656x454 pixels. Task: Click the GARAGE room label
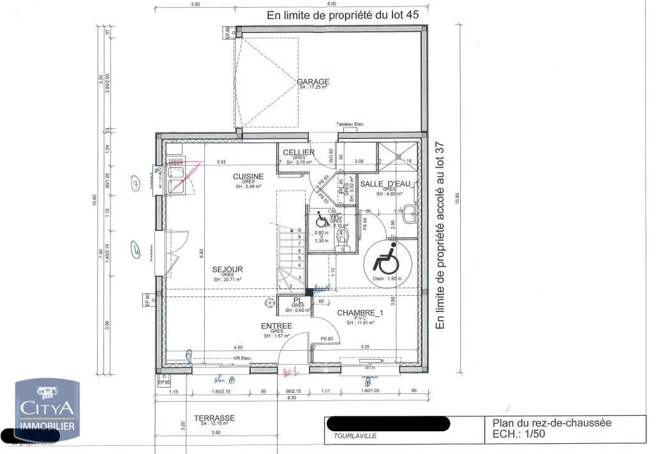(x=313, y=82)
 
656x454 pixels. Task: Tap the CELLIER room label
(x=299, y=152)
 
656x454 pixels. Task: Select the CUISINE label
(x=248, y=177)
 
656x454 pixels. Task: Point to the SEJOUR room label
(x=227, y=270)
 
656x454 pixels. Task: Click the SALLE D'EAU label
(x=385, y=184)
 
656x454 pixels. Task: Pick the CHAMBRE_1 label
(x=360, y=312)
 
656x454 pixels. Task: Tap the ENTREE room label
(x=276, y=326)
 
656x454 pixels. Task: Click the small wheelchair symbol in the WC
(x=322, y=219)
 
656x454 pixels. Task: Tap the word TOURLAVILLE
(x=355, y=436)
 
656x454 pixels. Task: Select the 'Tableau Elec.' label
(x=350, y=125)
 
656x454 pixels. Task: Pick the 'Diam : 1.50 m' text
(x=385, y=279)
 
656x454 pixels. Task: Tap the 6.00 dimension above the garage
(x=332, y=4)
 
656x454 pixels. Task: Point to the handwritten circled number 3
(x=135, y=184)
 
